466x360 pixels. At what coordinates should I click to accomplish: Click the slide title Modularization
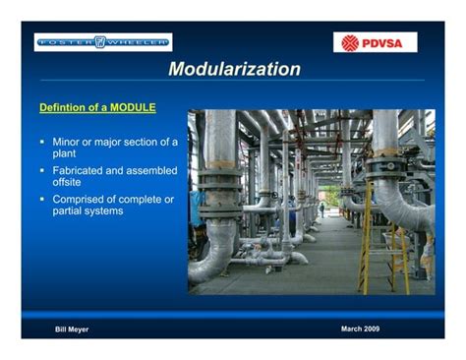coord(234,69)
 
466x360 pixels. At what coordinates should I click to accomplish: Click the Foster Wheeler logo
coord(103,41)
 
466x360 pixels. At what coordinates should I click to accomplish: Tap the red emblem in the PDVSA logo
coord(351,42)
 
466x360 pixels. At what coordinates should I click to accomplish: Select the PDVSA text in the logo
coord(384,42)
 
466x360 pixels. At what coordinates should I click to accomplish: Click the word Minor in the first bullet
coord(70,142)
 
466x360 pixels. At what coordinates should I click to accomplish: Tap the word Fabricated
coord(81,170)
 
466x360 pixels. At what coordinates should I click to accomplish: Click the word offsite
coord(67,183)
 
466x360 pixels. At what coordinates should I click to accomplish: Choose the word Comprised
coord(82,200)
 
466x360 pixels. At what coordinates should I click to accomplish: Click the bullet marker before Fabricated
coord(43,170)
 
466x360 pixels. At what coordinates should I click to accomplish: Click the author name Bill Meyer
coord(72,329)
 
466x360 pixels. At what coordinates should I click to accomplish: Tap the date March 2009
coord(360,328)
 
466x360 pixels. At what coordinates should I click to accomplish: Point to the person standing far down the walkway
coord(320,209)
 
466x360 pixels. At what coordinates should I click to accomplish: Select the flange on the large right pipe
coord(385,160)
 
